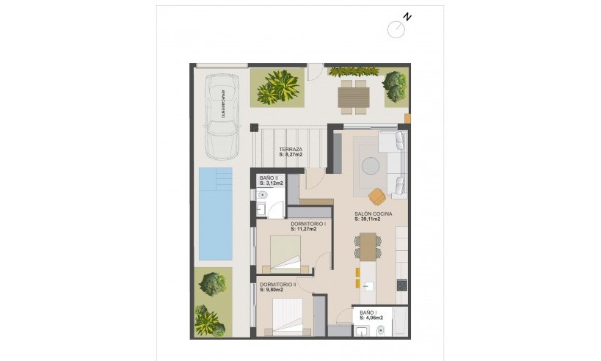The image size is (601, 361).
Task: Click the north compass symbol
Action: tap(397, 28)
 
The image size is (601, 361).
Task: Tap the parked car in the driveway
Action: tap(222, 115)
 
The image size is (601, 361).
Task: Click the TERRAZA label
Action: tap(291, 149)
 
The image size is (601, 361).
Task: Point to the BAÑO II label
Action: tap(268, 178)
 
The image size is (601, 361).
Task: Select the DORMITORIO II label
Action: tap(277, 284)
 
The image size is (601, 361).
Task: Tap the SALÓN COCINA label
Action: tap(373, 214)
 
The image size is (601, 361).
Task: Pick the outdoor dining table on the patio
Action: tap(354, 95)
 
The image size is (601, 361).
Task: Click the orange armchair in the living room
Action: tap(377, 197)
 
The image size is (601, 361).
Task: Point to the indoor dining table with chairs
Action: tap(368, 247)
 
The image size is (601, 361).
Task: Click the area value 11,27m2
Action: tap(304, 229)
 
